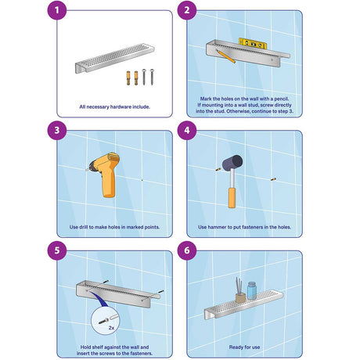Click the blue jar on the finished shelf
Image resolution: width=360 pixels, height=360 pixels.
(252, 290)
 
